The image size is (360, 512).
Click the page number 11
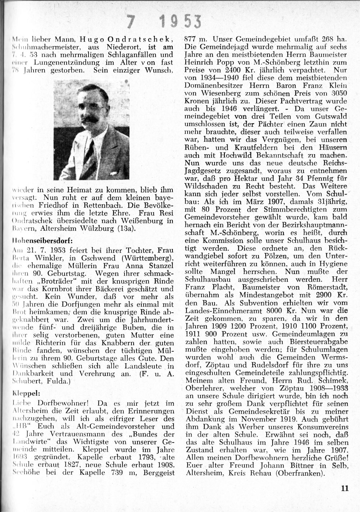[x=345, y=489]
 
